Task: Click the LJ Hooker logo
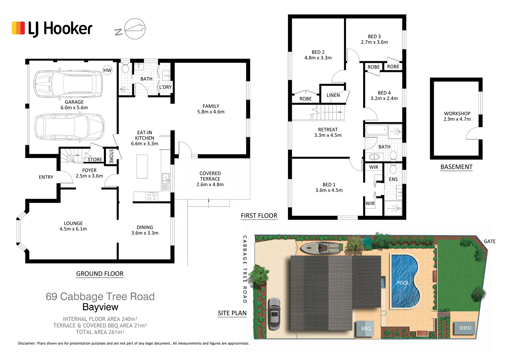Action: tap(52, 29)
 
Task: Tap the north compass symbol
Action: tap(130, 29)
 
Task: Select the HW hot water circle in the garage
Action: tap(107, 70)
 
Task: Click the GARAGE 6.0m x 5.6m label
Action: tap(74, 105)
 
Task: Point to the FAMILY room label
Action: tap(211, 109)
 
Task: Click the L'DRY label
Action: tap(166, 87)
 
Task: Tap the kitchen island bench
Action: tap(142, 166)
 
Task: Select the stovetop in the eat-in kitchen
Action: tap(152, 197)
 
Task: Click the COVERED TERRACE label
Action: tap(210, 179)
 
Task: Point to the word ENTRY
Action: tap(46, 177)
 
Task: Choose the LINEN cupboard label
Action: tap(333, 95)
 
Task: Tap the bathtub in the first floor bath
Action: tap(376, 130)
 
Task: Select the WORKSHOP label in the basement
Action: tap(457, 116)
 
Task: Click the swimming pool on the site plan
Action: tap(405, 281)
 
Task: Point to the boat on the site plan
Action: tap(321, 248)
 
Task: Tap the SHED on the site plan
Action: tap(465, 328)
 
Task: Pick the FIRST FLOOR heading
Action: tap(259, 216)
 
